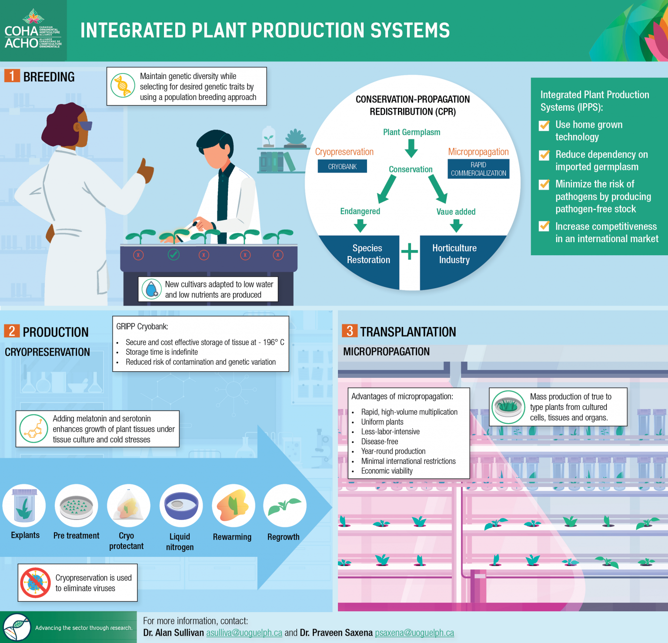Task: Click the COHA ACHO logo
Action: click(x=33, y=30)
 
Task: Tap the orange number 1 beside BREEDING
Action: click(x=12, y=76)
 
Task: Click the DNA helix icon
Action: click(x=123, y=86)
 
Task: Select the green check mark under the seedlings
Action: click(x=174, y=254)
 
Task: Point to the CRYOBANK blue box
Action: click(x=342, y=167)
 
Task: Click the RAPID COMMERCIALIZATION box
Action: click(x=478, y=169)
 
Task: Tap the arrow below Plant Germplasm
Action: click(x=411, y=148)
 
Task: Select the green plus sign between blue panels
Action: click(x=409, y=252)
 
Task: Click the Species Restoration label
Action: click(x=368, y=254)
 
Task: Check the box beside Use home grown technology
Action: click(x=544, y=126)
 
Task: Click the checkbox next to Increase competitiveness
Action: click(x=544, y=226)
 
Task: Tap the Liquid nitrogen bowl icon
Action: click(x=180, y=506)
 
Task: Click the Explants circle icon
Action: click(x=24, y=506)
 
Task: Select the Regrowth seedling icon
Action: click(x=284, y=506)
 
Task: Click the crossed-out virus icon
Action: click(x=35, y=583)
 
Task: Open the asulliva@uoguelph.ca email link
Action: click(x=244, y=633)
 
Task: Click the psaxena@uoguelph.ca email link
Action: click(x=414, y=633)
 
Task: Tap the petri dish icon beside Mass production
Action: click(x=508, y=407)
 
